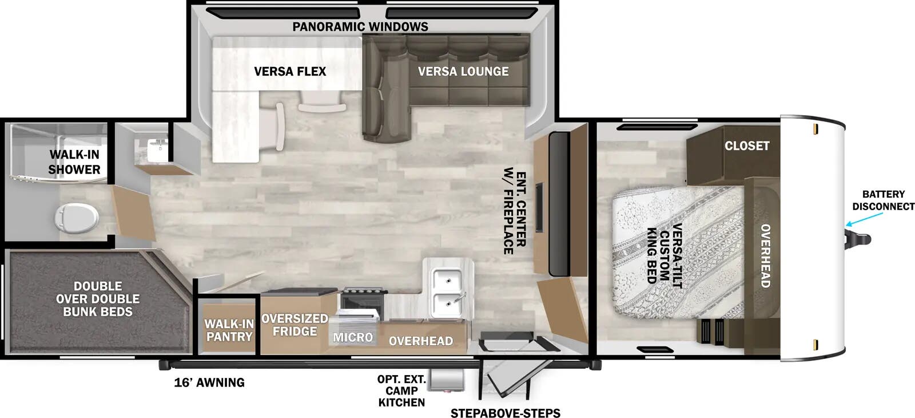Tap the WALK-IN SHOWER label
click(74, 161)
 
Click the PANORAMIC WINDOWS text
click(360, 26)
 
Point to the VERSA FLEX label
click(290, 72)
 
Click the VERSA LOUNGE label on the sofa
click(463, 72)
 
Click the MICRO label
click(353, 337)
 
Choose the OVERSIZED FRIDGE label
click(295, 325)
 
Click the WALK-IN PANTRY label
click(229, 330)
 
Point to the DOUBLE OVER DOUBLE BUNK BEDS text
click(98, 299)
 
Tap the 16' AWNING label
click(209, 382)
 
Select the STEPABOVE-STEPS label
click(505, 413)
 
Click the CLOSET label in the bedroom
click(747, 145)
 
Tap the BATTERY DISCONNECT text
click(883, 200)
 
